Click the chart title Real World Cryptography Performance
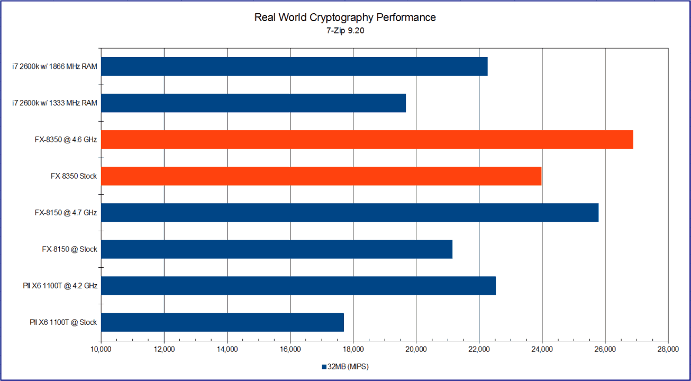[x=345, y=17]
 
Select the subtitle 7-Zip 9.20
[x=345, y=31]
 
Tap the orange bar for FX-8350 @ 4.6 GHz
[x=367, y=140]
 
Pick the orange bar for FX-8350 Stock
[x=321, y=176]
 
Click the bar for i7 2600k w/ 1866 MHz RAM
[x=294, y=67]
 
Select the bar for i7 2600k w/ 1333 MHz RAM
[x=253, y=103]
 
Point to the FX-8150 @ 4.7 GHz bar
[x=349, y=213]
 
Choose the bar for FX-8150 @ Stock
[x=277, y=249]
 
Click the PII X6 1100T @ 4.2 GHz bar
[x=298, y=286]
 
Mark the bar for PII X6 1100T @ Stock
[x=222, y=322]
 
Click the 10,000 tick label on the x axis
[x=101, y=349]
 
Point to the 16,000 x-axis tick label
[x=290, y=349]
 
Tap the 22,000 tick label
[x=479, y=349]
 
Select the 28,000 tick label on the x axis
[x=668, y=349]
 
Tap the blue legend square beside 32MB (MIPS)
[x=324, y=367]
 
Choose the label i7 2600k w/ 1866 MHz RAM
[x=55, y=67]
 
